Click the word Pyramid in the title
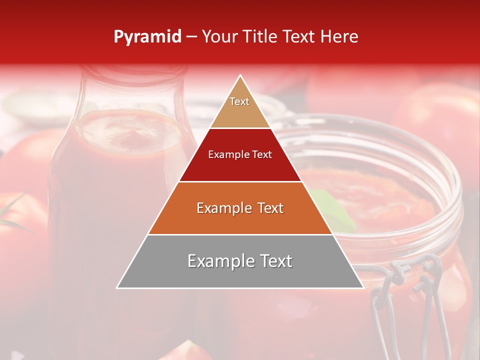click(147, 37)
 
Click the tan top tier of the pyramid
click(239, 107)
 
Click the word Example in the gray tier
click(217, 261)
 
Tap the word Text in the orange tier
click(269, 208)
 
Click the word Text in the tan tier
click(239, 101)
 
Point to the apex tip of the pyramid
click(240, 76)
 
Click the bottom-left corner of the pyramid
click(118, 287)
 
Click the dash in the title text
click(191, 37)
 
